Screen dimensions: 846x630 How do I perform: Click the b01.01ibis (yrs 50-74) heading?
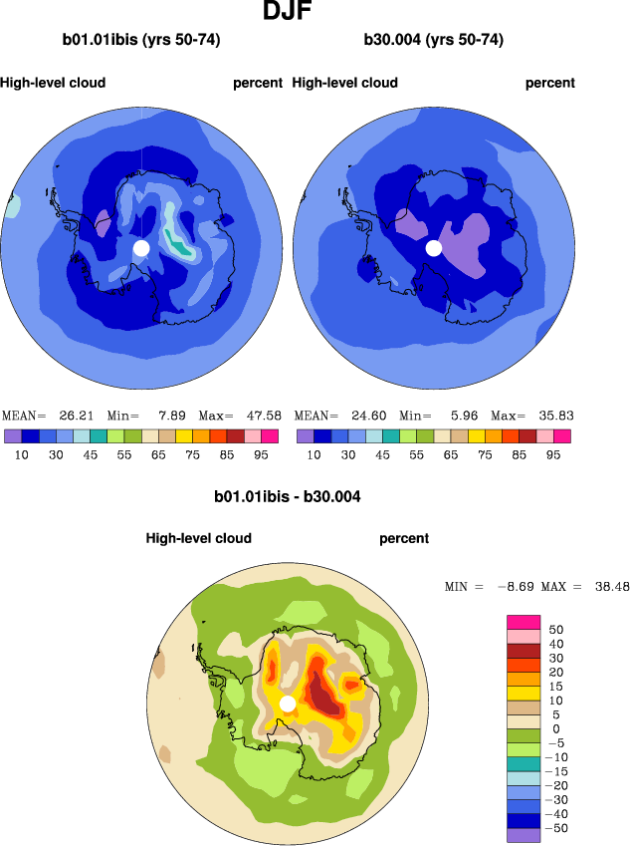coord(141,41)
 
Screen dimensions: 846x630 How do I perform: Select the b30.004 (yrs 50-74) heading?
coord(433,41)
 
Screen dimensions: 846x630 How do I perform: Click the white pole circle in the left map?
coord(141,247)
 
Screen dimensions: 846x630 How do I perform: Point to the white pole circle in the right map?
coord(433,247)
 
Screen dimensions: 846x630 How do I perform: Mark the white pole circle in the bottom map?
coord(288,704)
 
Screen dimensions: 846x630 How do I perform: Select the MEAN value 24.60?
coord(363,416)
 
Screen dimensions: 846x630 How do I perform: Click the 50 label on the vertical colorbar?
coord(557,630)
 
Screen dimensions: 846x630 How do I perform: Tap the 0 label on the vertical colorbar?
coord(558,728)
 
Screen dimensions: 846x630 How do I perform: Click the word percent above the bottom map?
coord(404,538)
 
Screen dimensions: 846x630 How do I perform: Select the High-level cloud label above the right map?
coord(345,83)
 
